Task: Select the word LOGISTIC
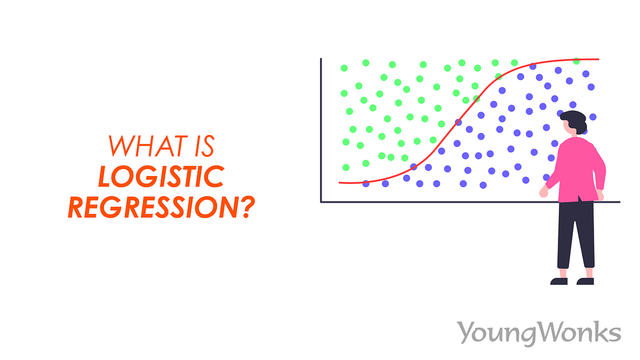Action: (160, 176)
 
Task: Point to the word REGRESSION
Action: (153, 207)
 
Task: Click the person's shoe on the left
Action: (559, 281)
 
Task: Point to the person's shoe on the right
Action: (585, 281)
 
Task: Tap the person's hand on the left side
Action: (543, 193)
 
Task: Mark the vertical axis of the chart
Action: (321, 128)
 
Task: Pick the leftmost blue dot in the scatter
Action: (366, 183)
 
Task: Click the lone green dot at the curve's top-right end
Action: (577, 61)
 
